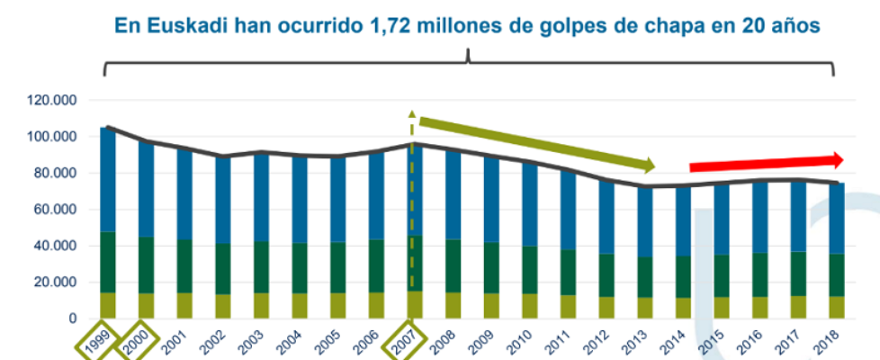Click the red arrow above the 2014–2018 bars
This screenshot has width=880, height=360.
pos(765,163)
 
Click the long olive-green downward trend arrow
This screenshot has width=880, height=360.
pos(536,142)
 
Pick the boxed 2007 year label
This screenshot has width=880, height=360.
pos(405,341)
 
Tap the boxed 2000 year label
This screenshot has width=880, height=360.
pos(138,341)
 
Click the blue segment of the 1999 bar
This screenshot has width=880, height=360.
pos(107,180)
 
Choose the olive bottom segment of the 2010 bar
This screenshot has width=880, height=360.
pos(529,306)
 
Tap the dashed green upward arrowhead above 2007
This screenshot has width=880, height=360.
pos(413,115)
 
